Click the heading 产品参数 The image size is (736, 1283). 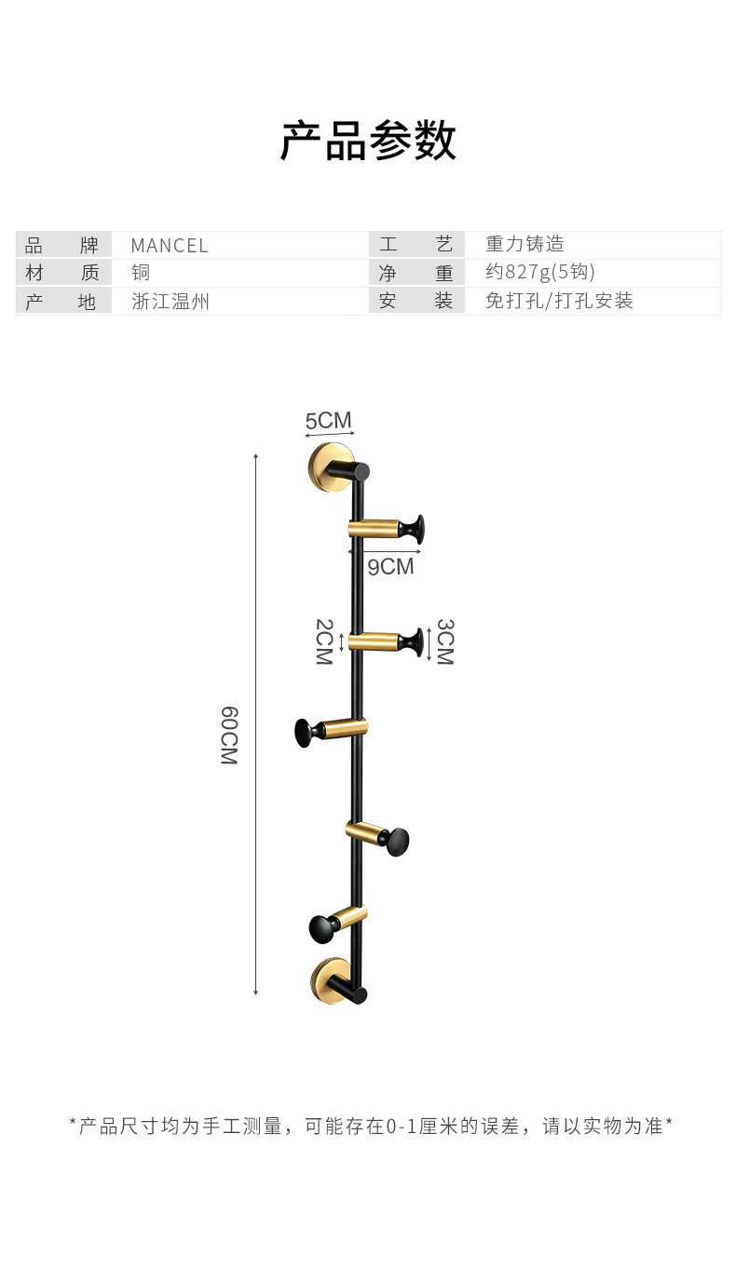tap(368, 141)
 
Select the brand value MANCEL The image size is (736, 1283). tap(170, 246)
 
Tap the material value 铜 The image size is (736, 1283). tap(141, 273)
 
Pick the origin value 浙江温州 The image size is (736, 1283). tap(170, 301)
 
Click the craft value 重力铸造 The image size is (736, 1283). tap(525, 245)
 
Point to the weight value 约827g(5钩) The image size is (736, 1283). tap(539, 273)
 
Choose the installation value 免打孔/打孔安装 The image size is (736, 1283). tap(559, 301)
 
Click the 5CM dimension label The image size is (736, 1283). tap(329, 421)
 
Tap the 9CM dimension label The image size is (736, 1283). tap(389, 566)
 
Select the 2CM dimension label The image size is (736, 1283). tap(323, 641)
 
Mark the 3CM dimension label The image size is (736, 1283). tap(444, 641)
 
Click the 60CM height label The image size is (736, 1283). tap(229, 736)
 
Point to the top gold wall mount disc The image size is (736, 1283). tap(327, 466)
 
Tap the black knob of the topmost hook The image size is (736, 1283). tap(415, 530)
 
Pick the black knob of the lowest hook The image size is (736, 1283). tap(320, 926)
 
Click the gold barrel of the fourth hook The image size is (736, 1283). tap(364, 831)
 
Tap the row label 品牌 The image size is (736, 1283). tap(61, 246)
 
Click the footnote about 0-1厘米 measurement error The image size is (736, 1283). tap(370, 1126)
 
